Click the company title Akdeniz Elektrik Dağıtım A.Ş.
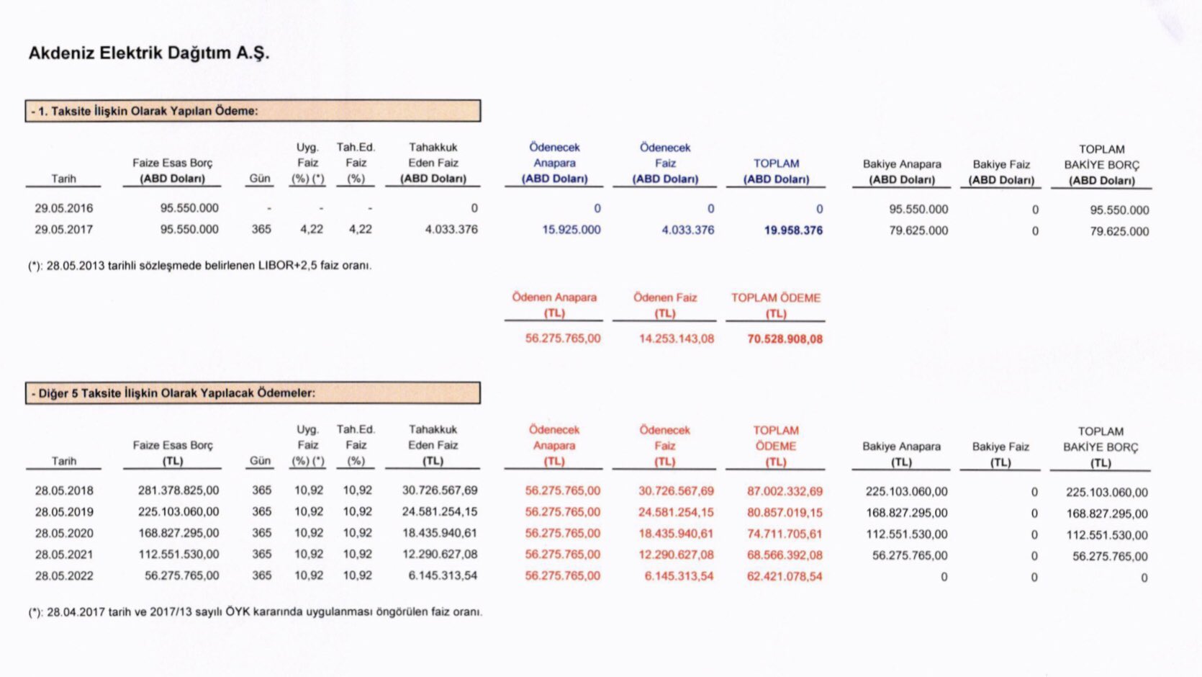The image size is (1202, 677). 148,53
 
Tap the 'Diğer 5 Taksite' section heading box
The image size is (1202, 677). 252,393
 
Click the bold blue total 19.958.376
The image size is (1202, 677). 793,230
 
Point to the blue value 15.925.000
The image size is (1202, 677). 571,230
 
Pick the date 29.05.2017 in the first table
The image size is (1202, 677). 63,230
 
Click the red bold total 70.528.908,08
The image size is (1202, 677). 785,339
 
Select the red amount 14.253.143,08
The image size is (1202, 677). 676,338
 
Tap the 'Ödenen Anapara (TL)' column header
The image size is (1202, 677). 554,305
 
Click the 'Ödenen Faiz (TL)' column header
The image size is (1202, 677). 665,305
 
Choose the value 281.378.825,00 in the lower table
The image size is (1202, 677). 179,490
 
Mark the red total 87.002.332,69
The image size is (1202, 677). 785,491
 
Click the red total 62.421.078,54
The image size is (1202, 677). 785,576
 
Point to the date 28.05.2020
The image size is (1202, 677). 64,534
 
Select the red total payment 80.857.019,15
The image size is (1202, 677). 785,513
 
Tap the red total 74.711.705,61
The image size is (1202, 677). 785,534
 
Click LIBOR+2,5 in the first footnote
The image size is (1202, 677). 288,266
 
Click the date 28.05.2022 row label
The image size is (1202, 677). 64,576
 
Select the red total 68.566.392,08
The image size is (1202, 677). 785,555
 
